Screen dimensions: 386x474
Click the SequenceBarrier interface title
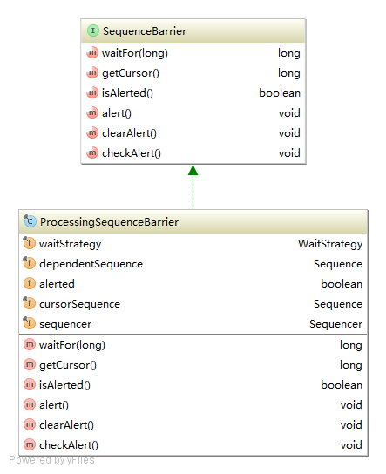(145, 31)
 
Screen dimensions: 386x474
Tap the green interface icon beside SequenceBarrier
(93, 30)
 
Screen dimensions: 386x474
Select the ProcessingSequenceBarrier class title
(109, 222)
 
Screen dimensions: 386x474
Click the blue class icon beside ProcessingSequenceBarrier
(30, 221)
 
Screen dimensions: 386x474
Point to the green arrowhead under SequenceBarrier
(193, 171)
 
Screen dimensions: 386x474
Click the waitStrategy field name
(70, 244)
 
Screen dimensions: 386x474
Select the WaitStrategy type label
(330, 244)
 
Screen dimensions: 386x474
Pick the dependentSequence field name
(91, 264)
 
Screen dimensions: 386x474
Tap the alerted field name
(57, 284)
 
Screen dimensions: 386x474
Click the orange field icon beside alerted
(30, 283)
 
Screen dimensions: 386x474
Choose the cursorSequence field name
(79, 304)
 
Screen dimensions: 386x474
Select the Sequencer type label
(335, 324)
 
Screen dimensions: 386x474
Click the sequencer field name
(65, 324)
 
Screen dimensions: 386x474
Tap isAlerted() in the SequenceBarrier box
(127, 93)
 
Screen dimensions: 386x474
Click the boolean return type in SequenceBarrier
(280, 93)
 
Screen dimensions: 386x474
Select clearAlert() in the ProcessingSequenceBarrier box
(66, 425)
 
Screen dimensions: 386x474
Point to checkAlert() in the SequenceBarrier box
(132, 153)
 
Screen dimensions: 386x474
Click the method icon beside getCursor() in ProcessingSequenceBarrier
(30, 364)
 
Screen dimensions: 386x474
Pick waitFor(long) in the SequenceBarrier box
(135, 53)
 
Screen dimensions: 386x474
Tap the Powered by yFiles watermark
(51, 460)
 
